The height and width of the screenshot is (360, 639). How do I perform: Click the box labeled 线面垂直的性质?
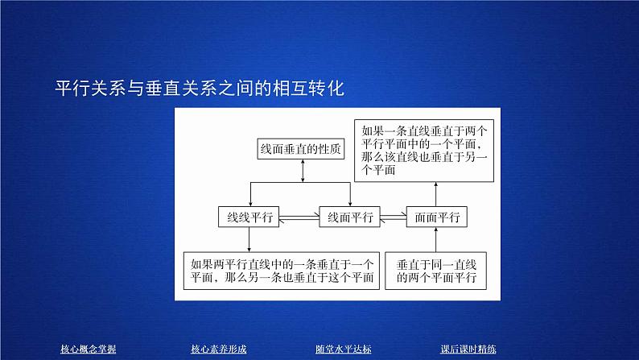point(302,149)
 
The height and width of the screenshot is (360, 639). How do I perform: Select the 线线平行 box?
point(249,217)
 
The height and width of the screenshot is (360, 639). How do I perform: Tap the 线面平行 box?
point(350,217)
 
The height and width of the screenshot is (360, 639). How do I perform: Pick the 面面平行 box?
point(435,217)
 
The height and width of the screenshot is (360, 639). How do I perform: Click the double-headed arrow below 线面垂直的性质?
point(302,171)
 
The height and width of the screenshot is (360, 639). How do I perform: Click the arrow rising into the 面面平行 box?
point(435,239)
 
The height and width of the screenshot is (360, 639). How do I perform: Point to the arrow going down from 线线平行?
point(249,238)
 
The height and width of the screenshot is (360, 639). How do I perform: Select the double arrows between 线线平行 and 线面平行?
point(299,217)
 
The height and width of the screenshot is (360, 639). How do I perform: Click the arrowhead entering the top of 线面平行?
point(350,202)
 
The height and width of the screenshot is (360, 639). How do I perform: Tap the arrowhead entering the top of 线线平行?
point(249,202)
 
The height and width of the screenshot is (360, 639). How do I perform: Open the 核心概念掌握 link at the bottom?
point(89,349)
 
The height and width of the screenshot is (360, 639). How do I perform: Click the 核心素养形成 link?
point(218,349)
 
